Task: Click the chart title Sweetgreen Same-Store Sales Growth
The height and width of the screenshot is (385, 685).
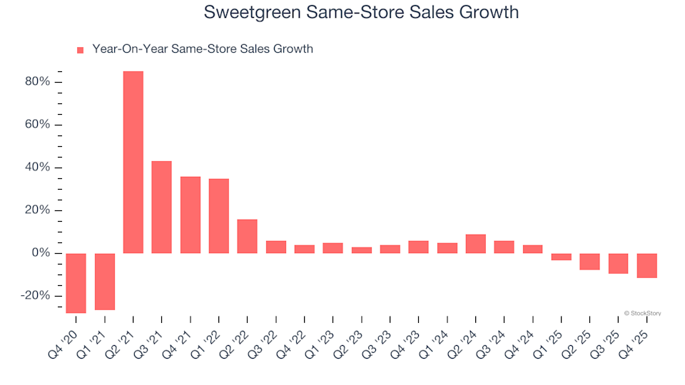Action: [361, 13]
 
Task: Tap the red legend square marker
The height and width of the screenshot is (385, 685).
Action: [80, 50]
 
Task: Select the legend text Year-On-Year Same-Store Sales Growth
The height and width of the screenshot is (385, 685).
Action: [203, 49]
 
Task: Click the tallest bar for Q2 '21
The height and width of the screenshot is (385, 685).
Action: [133, 162]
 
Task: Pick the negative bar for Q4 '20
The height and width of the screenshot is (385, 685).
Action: [76, 282]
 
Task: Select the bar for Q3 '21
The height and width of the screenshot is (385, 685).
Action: [162, 207]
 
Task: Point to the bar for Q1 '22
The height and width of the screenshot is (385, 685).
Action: [219, 215]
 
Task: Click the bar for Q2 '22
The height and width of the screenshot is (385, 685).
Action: [248, 236]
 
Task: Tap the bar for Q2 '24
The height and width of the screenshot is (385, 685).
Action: [476, 243]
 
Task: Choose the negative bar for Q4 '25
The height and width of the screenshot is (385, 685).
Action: [647, 265]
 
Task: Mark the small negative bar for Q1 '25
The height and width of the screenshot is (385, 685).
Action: [562, 257]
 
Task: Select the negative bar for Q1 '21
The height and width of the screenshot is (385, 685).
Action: [105, 281]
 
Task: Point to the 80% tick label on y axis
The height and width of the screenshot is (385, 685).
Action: [36, 82]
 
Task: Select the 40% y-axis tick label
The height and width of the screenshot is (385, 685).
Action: [36, 168]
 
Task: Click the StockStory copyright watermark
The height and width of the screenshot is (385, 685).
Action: [642, 312]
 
